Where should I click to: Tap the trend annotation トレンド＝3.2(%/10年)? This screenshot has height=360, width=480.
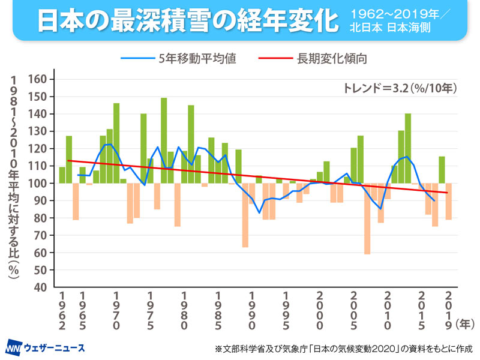tap(400, 87)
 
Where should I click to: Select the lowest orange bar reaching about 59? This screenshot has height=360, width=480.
tap(367, 218)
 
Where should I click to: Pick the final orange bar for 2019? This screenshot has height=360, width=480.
tap(448, 202)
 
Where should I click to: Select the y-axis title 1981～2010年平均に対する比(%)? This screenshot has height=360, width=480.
tap(13, 180)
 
